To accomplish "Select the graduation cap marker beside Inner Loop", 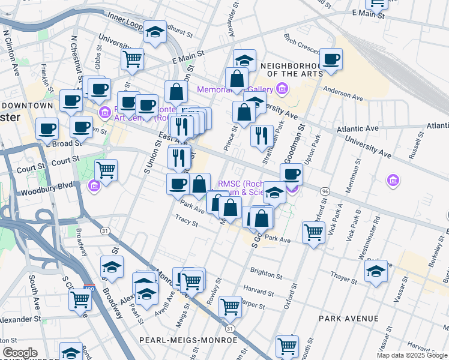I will click(155, 34).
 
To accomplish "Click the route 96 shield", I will click(325, 191).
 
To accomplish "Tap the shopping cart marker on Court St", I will click(106, 170).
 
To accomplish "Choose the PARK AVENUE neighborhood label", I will click(349, 318).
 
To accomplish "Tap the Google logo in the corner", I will click(20, 352).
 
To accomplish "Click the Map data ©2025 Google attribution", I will click(412, 355).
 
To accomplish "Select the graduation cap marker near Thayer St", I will click(376, 271).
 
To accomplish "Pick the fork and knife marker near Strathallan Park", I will click(262, 136).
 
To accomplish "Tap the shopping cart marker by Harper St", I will click(230, 306).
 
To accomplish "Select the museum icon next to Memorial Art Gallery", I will click(283, 90).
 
